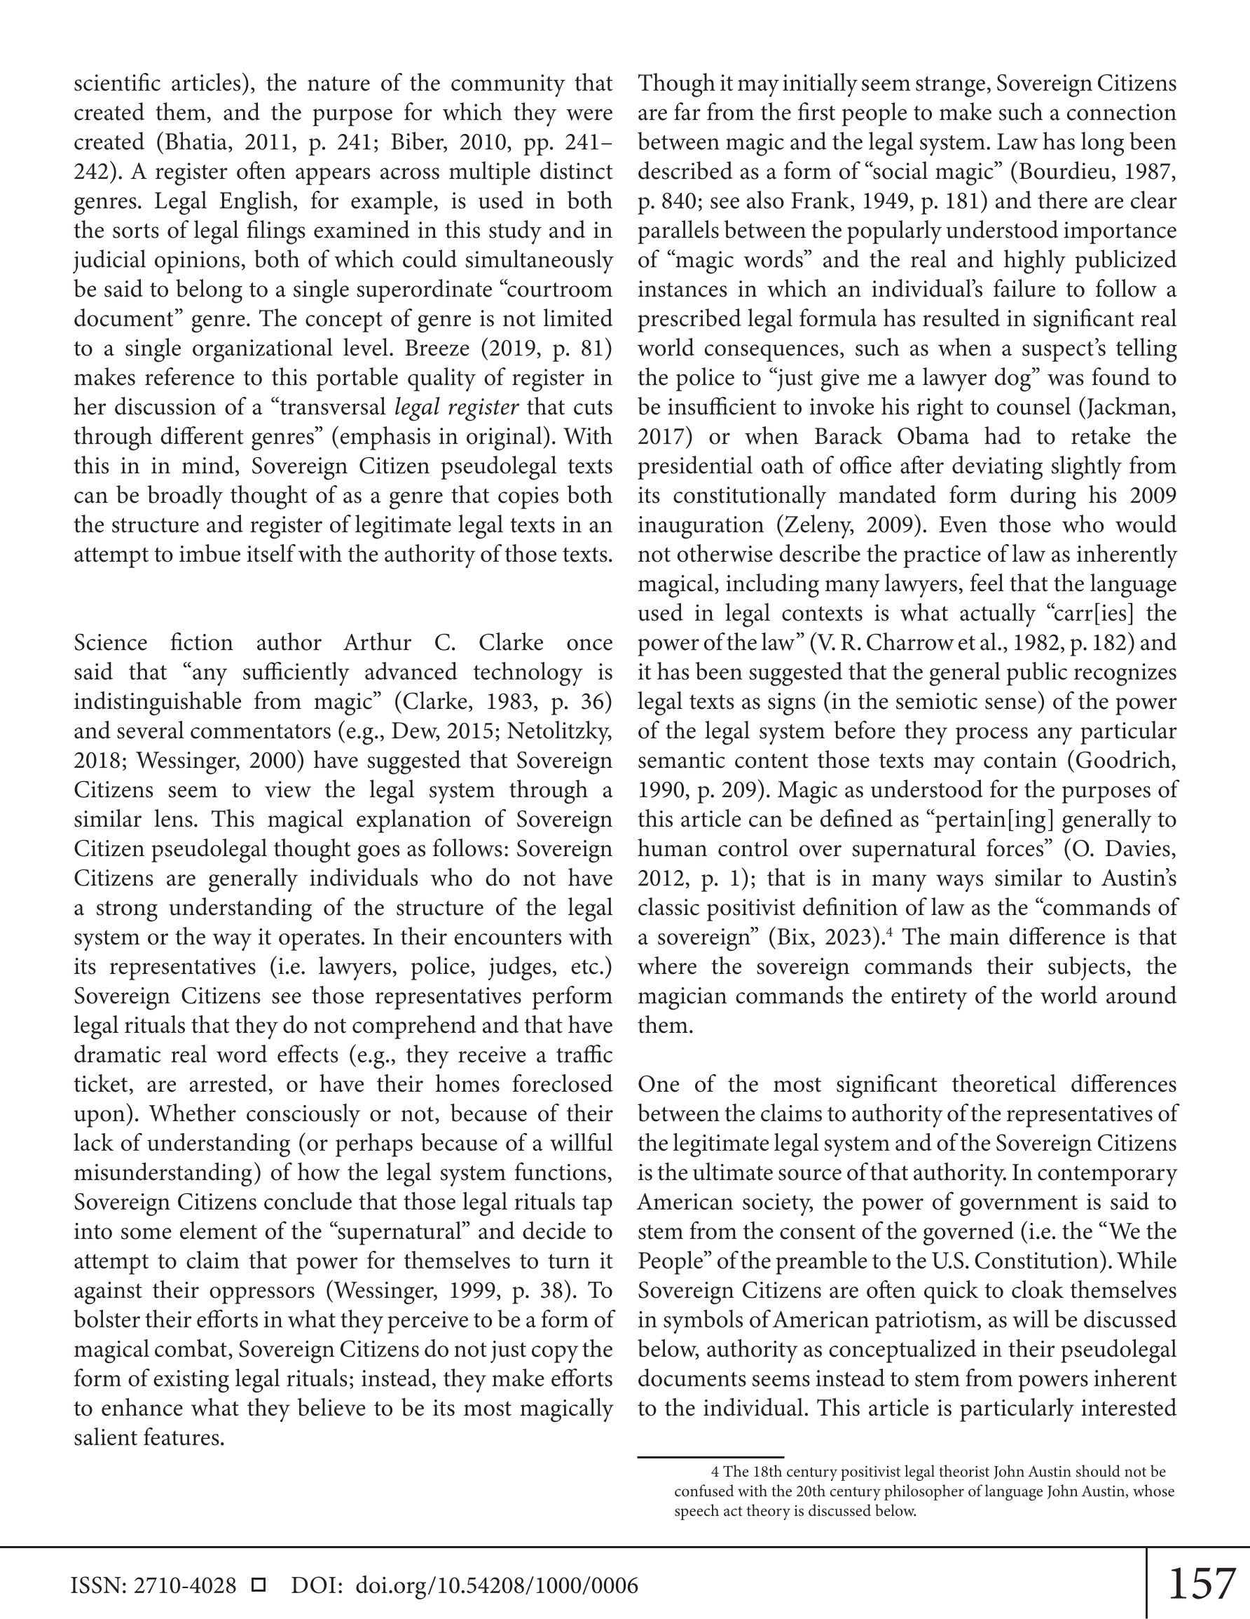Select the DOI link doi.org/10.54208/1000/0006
click(497, 1585)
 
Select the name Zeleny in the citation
click(817, 525)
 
